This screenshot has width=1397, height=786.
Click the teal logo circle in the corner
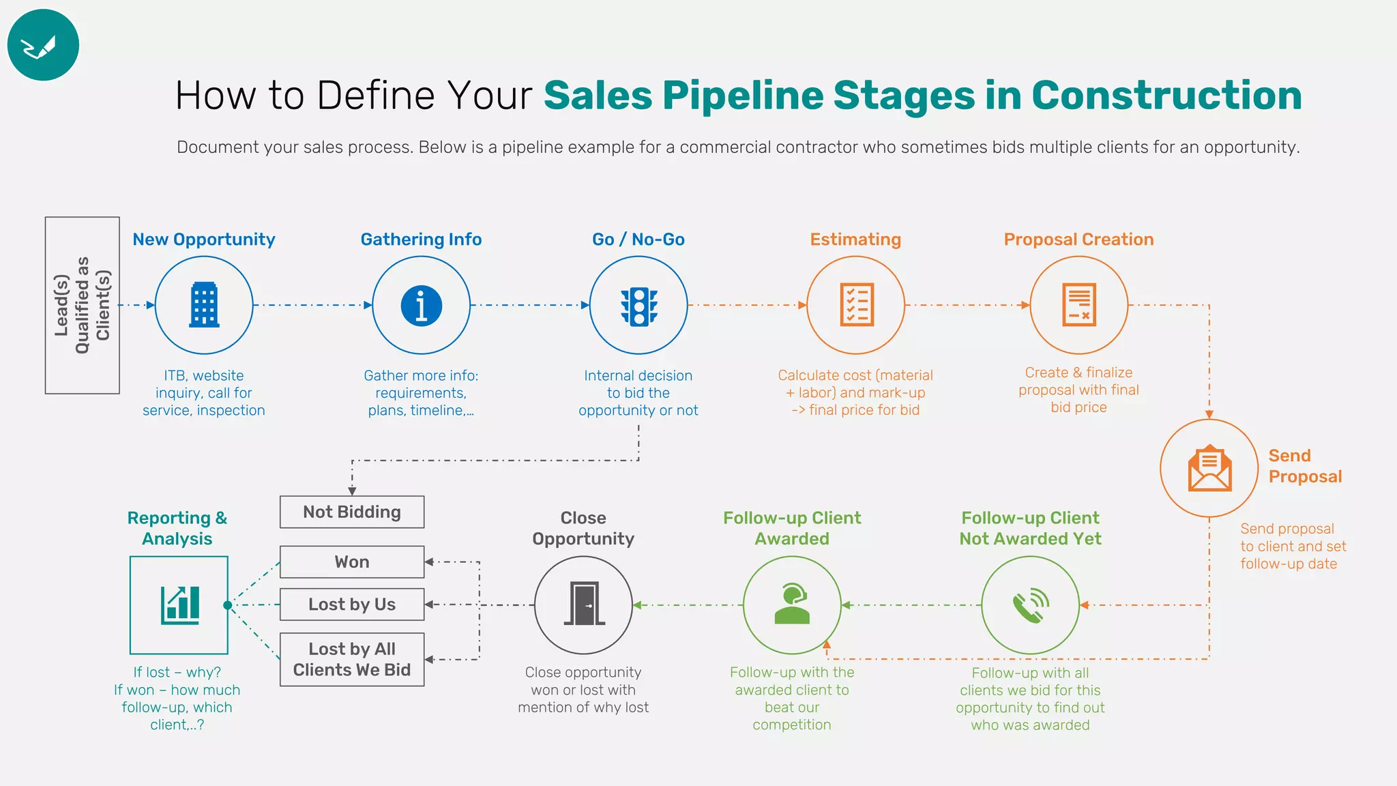43,45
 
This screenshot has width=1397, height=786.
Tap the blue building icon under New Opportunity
204,305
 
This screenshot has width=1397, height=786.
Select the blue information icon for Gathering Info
422,305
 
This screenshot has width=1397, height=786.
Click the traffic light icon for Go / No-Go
638,306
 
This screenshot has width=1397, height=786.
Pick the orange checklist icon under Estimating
856,305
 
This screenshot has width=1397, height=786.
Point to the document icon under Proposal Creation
1079,305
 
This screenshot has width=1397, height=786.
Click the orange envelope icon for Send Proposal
1209,468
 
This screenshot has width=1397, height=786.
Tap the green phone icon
1030,605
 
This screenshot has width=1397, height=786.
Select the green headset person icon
792,605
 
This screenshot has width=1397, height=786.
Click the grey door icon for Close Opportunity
583,605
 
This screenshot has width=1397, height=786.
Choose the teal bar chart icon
179,605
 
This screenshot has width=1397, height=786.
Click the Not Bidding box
352,512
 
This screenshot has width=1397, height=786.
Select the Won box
352,562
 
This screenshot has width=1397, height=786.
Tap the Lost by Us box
352,605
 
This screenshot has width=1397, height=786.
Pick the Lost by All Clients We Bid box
352,659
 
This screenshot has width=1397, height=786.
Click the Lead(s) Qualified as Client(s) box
83,305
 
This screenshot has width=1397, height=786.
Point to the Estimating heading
855,239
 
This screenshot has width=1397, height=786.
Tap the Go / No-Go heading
638,239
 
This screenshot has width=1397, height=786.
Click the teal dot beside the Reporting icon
228,605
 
